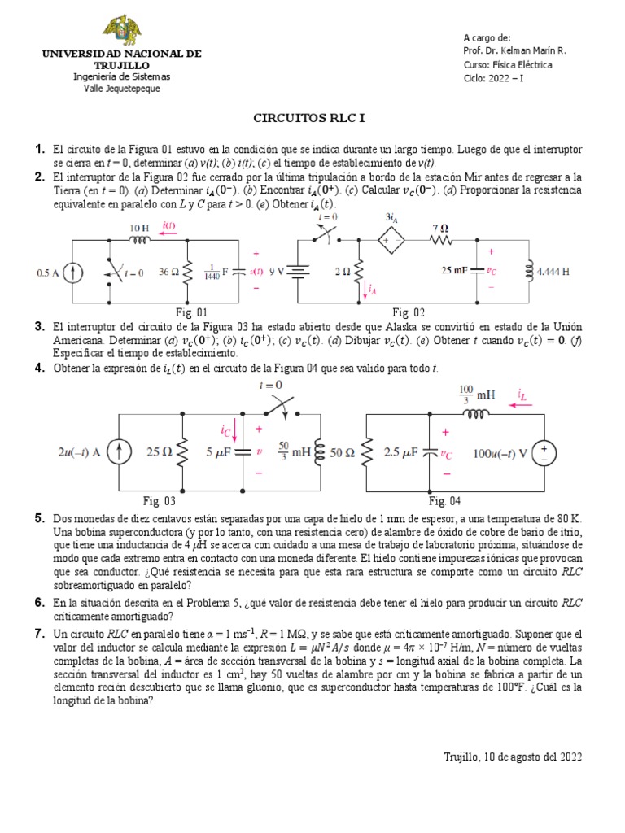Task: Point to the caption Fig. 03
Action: click(x=159, y=500)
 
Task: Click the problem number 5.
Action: click(x=38, y=519)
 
